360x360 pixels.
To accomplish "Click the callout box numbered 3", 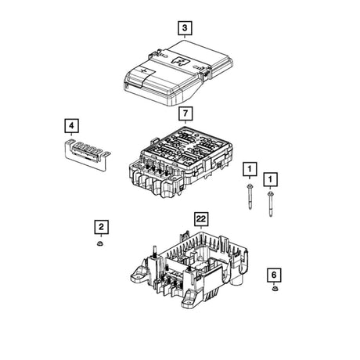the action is (185, 28).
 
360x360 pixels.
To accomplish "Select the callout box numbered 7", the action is (185, 113).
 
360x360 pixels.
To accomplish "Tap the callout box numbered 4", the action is (71, 126).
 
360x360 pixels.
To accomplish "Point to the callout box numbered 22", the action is (201, 219).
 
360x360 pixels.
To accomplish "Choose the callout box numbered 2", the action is (102, 227).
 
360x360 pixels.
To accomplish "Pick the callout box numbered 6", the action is (274, 275).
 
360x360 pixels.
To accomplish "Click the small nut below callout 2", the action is (99, 243).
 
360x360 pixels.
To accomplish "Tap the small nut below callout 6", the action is (275, 289).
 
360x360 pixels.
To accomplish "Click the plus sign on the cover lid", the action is (143, 70).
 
